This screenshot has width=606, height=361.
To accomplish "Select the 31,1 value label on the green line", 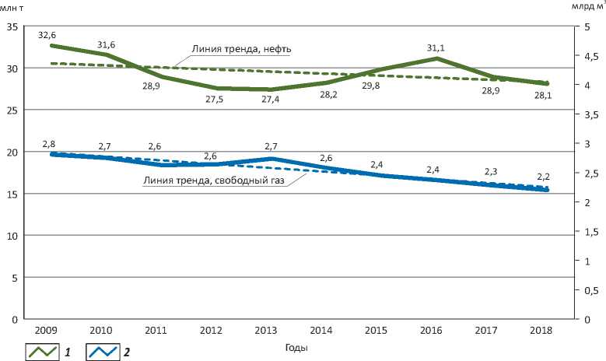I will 434,47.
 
